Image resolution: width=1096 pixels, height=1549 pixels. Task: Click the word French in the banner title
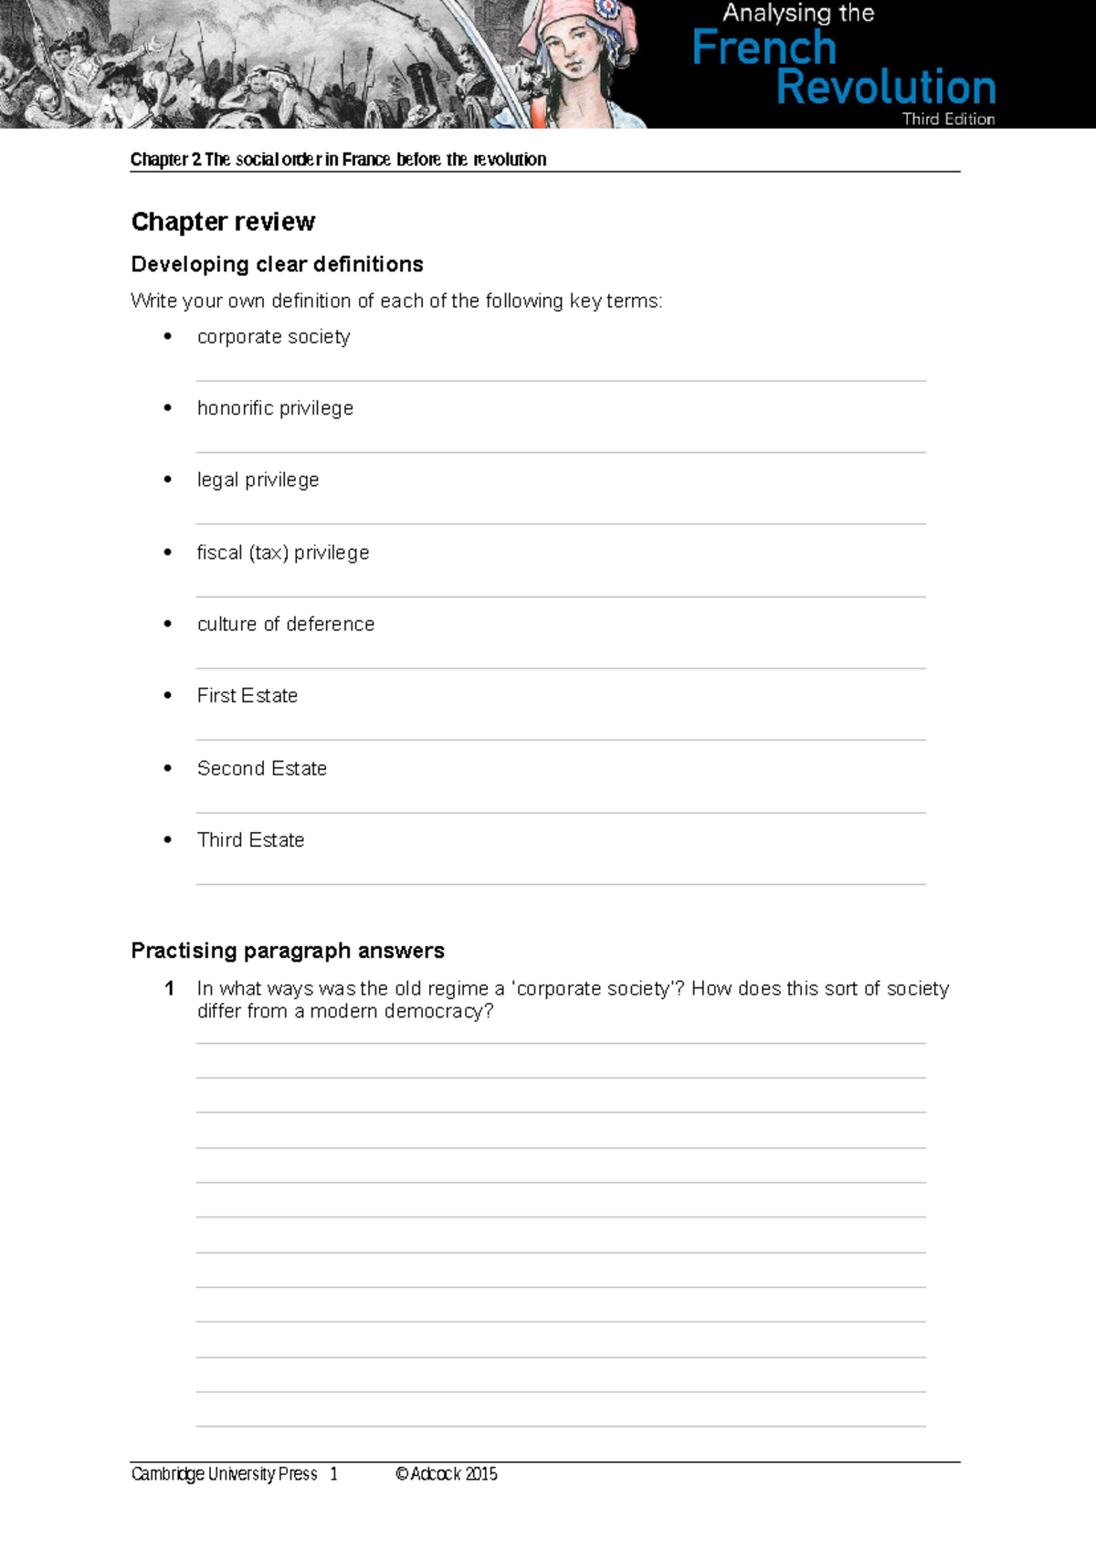coord(764,47)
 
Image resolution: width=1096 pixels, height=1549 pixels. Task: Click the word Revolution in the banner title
coord(885,88)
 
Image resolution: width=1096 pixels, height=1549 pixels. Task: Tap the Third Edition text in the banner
coord(948,119)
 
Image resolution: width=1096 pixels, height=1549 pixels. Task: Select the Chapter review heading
coord(223,222)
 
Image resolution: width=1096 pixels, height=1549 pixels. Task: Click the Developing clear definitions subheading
coord(277,265)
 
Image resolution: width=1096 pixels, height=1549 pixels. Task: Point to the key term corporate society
coord(273,337)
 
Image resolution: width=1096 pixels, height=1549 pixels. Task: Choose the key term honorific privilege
coord(275,408)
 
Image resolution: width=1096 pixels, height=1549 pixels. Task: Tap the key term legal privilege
coord(258,480)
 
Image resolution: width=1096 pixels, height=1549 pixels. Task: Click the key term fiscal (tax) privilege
coord(283,553)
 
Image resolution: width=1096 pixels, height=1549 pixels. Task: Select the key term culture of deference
coord(286,624)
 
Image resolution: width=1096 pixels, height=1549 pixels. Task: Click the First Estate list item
coord(248,696)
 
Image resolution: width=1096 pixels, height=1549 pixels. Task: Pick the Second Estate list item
coord(262,769)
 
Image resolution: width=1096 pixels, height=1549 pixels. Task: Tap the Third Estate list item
coord(250,840)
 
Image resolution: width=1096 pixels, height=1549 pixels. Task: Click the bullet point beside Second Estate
coord(167,768)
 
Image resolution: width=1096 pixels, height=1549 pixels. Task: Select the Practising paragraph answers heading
coord(288,951)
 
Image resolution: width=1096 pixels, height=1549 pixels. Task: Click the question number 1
coord(169,988)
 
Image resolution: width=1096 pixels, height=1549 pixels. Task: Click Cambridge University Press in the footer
coord(224,1474)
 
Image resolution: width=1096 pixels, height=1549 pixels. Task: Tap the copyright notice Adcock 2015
coord(447,1474)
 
